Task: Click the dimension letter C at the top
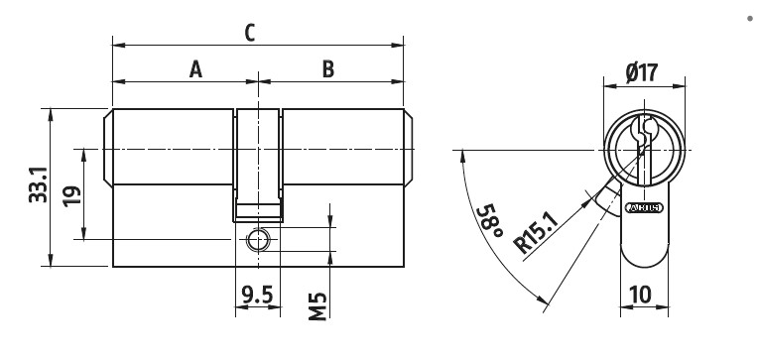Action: click(251, 30)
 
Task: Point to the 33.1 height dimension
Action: click(35, 187)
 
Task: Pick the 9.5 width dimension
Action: click(258, 294)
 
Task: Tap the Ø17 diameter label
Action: click(644, 72)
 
